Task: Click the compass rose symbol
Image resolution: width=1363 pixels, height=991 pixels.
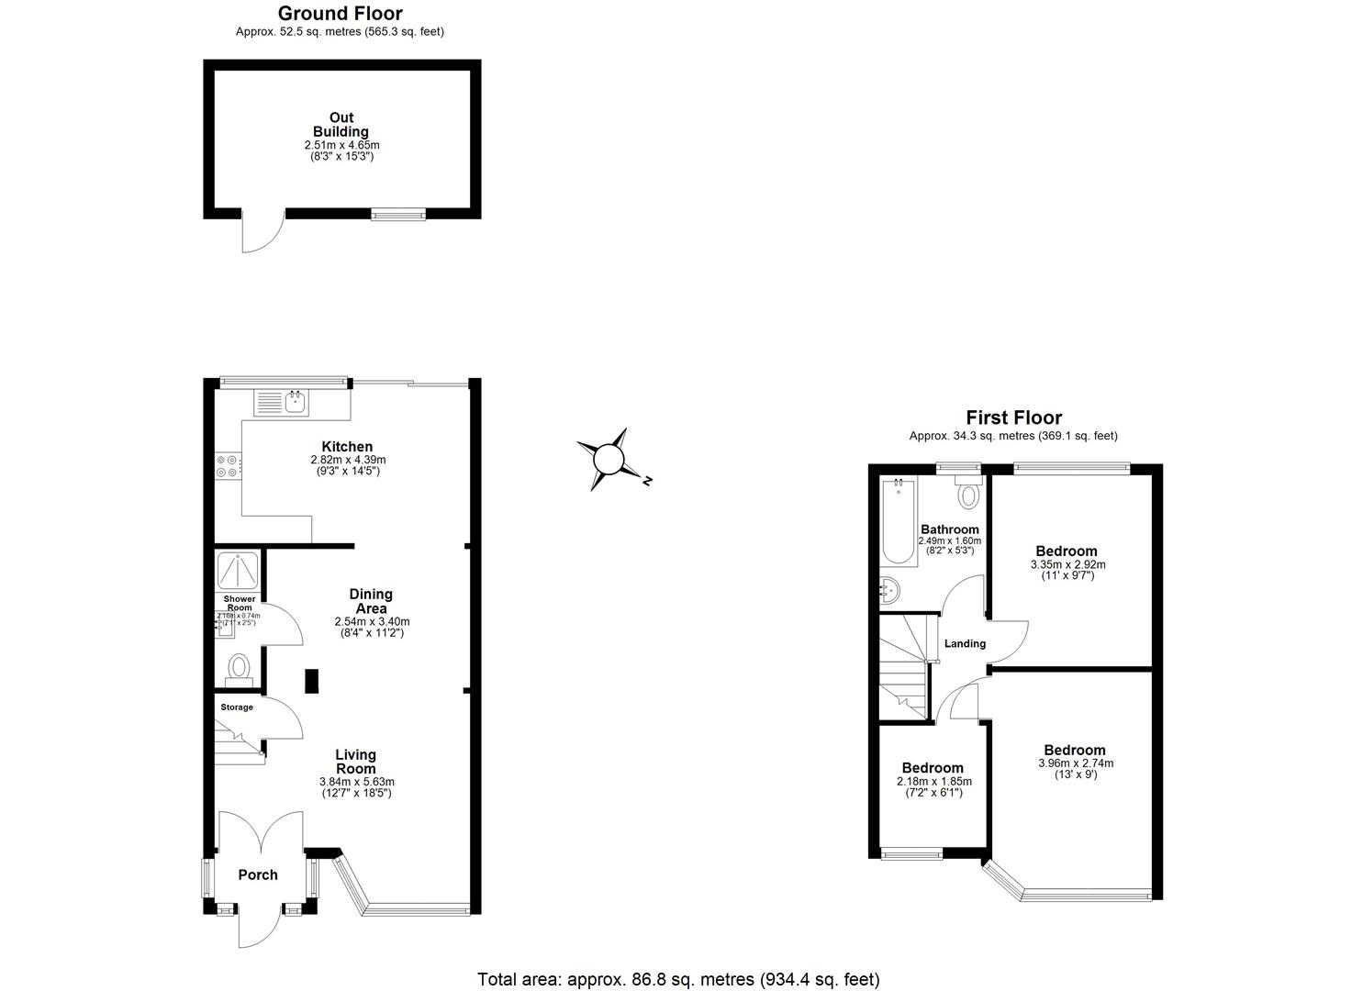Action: pyautogui.click(x=609, y=459)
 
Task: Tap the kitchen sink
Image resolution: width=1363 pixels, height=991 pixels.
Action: pyautogui.click(x=296, y=401)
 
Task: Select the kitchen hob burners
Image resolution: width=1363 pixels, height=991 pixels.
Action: pyautogui.click(x=227, y=467)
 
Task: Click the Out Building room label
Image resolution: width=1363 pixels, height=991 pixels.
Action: pyautogui.click(x=341, y=125)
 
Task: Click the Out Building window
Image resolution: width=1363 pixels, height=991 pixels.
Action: pyautogui.click(x=398, y=215)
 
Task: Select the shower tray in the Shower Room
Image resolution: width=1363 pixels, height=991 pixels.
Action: pyautogui.click(x=238, y=571)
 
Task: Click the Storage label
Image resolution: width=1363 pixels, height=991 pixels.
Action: pyautogui.click(x=237, y=707)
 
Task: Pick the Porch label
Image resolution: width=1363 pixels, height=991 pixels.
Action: pyautogui.click(x=258, y=874)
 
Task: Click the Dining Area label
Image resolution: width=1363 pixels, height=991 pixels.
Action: pyautogui.click(x=371, y=601)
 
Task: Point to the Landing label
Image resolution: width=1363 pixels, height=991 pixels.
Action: pyautogui.click(x=965, y=643)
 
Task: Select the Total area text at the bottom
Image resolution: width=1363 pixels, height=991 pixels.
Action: pyautogui.click(x=678, y=979)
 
